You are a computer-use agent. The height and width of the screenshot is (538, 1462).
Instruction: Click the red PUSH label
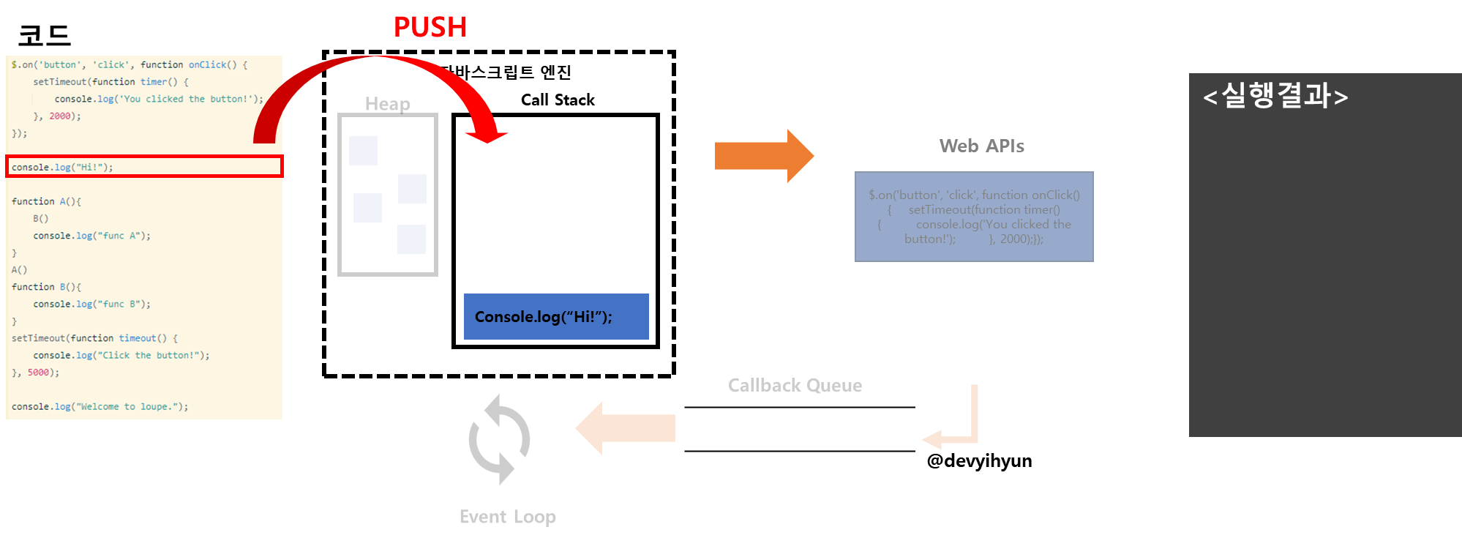[430, 27]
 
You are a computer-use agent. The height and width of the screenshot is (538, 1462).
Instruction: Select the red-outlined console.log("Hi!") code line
[143, 167]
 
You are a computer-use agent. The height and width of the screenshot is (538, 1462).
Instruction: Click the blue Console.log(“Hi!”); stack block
[556, 316]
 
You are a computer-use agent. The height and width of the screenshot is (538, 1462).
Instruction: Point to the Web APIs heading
[981, 146]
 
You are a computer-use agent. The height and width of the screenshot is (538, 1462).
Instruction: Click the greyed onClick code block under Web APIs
[974, 217]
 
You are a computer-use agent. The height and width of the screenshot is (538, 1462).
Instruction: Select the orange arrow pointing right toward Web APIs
[763, 155]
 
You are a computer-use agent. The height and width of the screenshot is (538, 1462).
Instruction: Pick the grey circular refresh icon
[499, 439]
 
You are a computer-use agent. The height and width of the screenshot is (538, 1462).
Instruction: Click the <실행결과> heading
[1275, 96]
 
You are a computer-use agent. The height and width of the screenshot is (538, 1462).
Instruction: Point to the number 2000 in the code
[60, 116]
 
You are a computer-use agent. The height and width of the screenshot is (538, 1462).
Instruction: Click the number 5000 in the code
[38, 373]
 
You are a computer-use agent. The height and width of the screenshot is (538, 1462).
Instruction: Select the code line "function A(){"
[46, 201]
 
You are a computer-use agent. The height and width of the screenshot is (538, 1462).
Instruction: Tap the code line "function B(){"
[46, 287]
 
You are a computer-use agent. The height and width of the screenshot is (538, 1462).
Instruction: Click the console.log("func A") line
[91, 236]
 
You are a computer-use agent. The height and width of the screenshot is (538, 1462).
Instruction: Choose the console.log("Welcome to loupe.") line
[100, 407]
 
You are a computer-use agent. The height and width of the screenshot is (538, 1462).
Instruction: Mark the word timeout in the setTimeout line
[138, 338]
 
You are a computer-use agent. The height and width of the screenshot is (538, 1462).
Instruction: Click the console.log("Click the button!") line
[121, 356]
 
